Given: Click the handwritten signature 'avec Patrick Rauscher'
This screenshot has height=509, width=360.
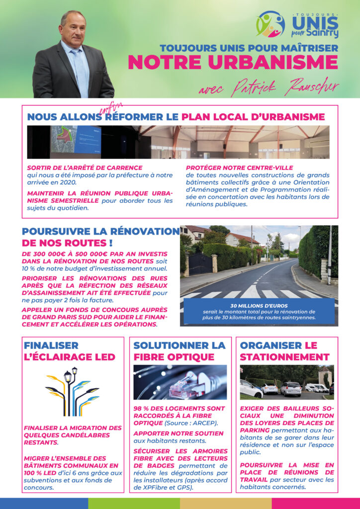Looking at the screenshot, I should [268, 88].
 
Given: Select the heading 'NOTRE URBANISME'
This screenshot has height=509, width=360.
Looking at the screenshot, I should [233, 63].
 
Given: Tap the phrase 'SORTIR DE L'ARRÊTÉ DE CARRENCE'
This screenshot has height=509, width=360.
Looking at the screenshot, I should [85, 168].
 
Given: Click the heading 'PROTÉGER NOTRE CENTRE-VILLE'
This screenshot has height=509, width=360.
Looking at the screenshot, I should [239, 168].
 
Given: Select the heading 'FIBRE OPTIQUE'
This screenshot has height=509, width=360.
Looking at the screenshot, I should [174, 357].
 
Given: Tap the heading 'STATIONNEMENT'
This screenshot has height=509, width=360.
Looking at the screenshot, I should [284, 357].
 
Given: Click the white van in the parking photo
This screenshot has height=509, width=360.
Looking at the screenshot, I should [316, 387].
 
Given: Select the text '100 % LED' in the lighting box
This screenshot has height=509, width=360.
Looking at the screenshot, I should [43, 472].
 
